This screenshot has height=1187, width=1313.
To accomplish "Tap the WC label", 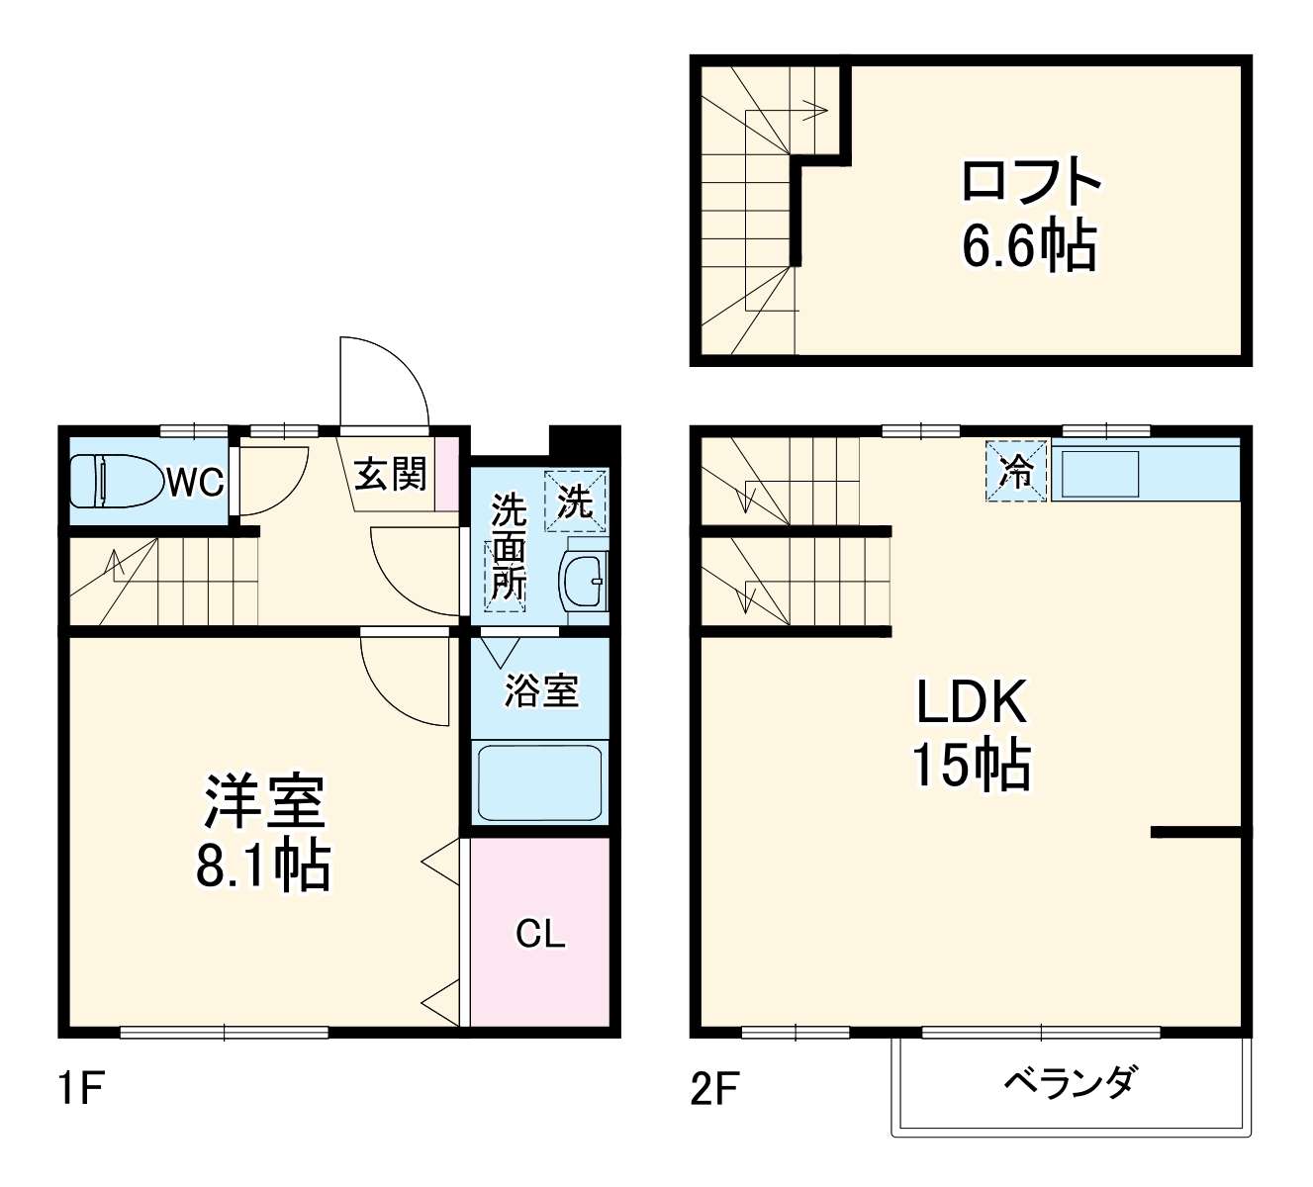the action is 196,483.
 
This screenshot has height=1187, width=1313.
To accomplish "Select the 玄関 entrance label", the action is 390,475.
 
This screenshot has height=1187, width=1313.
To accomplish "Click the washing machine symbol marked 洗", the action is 575,501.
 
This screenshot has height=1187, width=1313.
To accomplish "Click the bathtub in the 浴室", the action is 540,782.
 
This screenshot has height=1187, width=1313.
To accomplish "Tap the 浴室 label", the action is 541,691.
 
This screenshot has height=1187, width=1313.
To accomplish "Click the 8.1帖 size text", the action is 264,867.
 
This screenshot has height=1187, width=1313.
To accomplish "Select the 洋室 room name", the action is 264,801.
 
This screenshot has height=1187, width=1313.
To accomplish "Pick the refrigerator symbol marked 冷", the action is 1016,471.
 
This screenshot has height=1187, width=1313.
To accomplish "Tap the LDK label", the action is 972,702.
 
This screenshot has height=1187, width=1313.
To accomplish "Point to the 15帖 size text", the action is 972,767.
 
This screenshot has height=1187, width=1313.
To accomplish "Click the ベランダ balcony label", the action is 1072,1081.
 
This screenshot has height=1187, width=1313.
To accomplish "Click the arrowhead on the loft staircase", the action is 818,111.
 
